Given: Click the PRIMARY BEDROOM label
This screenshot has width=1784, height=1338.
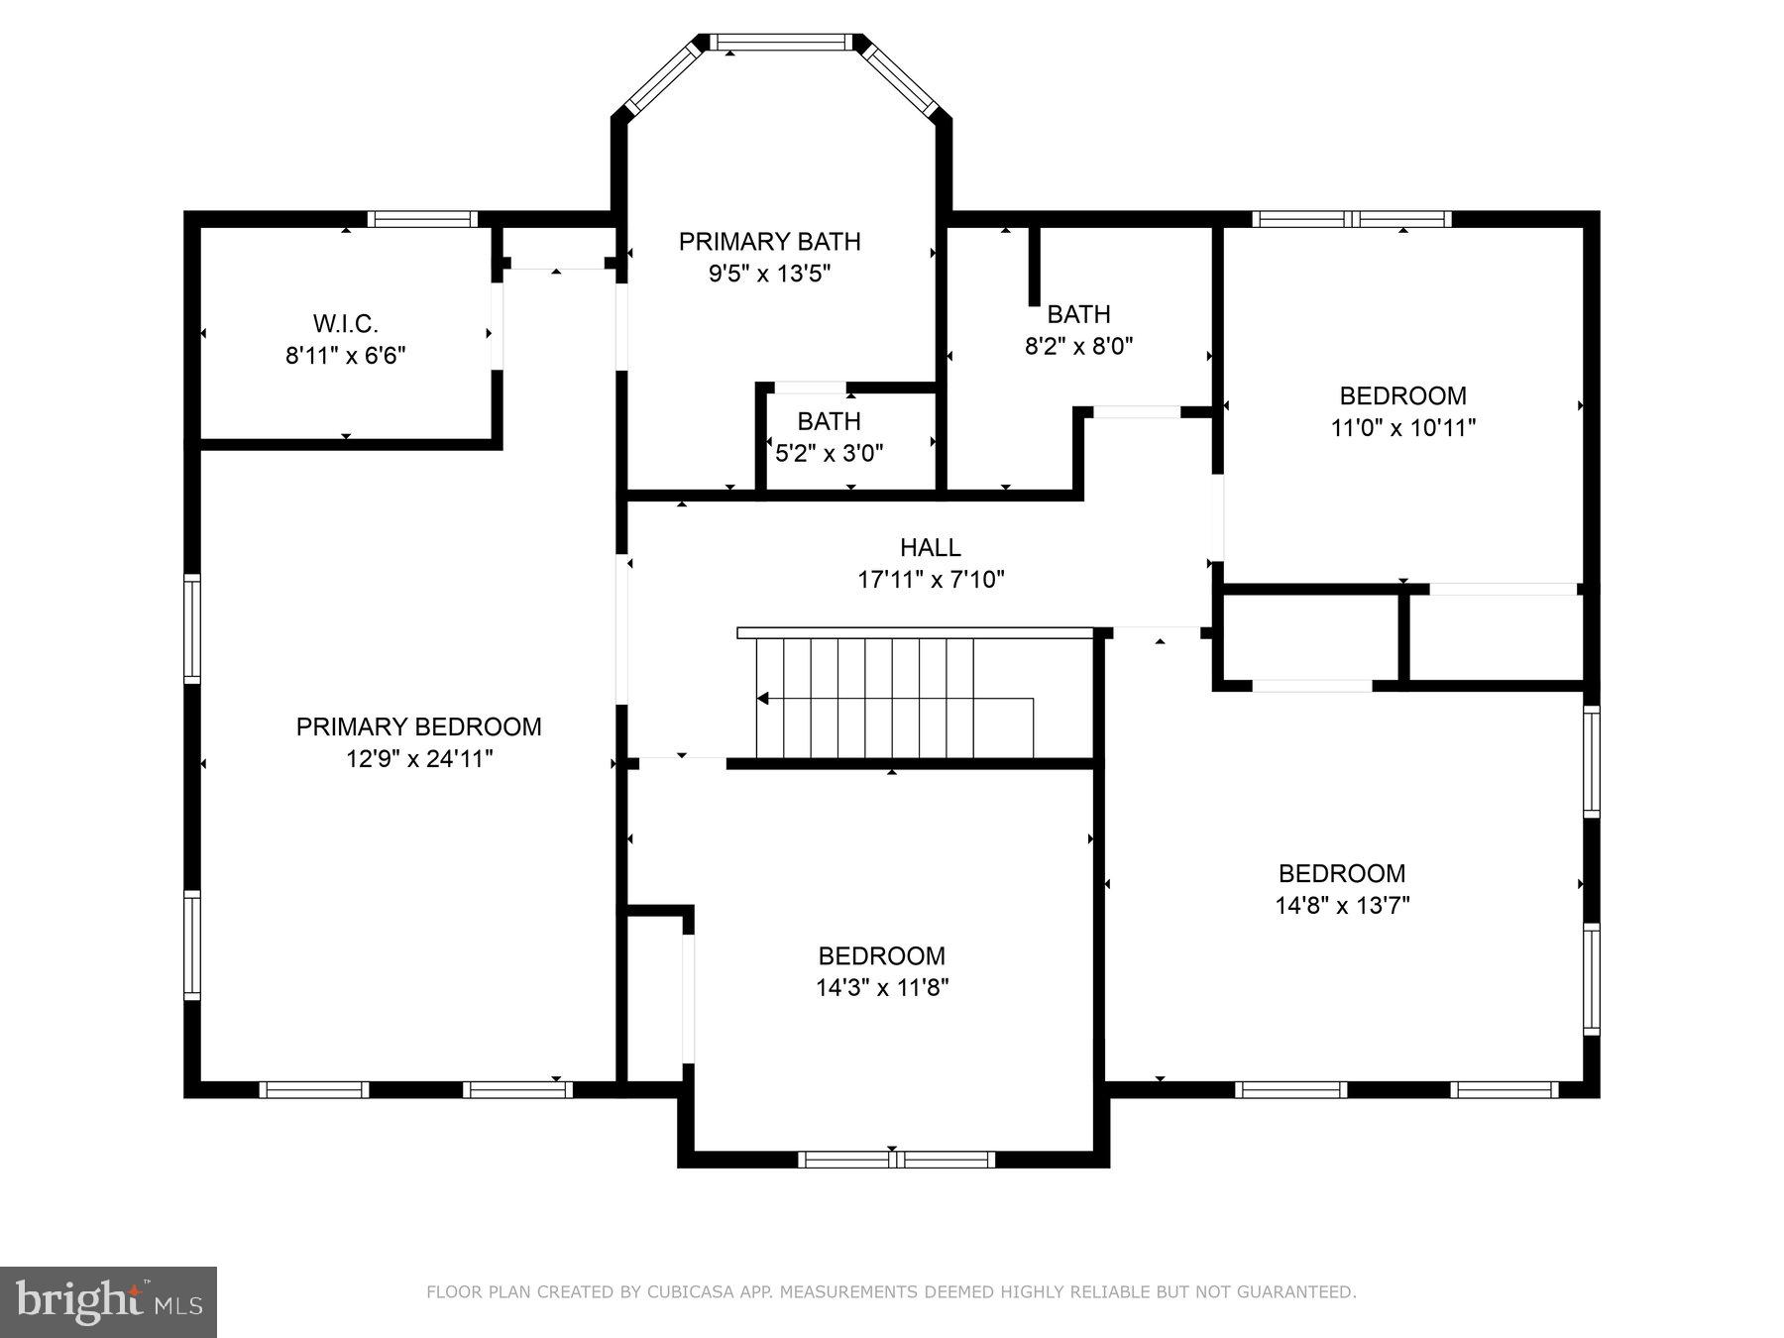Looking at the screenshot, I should tap(418, 726).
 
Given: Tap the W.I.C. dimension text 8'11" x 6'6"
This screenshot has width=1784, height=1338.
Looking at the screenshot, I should tap(346, 355).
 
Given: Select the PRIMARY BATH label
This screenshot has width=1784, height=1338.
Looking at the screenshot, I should tap(769, 241).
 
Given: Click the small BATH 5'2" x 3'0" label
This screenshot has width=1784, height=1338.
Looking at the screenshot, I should tap(829, 421).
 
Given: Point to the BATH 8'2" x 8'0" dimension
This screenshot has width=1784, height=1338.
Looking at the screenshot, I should tap(1078, 346).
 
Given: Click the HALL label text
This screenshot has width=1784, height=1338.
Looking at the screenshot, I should tap(930, 547).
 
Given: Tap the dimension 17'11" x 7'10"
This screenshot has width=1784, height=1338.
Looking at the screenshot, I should tap(931, 580).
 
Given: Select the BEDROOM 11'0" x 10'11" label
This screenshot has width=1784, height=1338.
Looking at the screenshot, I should tap(1402, 395).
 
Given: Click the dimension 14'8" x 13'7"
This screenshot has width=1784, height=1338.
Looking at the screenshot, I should tap(1342, 905).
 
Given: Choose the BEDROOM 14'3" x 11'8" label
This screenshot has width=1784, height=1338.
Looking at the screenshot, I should tap(881, 955).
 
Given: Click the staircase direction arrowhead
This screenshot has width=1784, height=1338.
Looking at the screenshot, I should tap(763, 699).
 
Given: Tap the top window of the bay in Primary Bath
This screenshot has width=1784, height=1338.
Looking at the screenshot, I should tap(782, 42).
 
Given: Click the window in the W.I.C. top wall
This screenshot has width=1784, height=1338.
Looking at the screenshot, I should tap(422, 219).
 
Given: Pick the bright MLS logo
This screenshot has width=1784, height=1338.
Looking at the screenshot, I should tap(108, 1301).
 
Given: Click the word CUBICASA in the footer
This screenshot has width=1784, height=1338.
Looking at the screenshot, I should tap(685, 1292).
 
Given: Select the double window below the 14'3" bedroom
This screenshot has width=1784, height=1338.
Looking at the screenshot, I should tap(896, 1159).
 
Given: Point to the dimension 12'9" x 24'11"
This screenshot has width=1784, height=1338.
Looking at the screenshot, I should tap(418, 759).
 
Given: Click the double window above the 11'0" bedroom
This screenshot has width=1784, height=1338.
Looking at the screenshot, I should tap(1352, 219).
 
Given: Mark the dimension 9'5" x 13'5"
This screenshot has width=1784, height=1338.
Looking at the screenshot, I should tap(769, 274).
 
